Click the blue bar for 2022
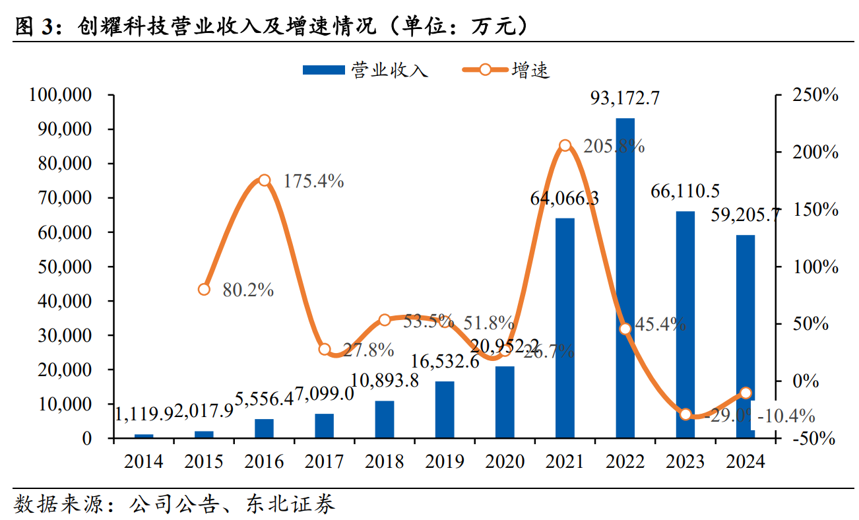click(x=625, y=277)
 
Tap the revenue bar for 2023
click(x=685, y=324)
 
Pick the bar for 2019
click(x=445, y=409)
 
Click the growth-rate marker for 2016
click(x=265, y=180)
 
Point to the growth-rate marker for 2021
click(x=565, y=146)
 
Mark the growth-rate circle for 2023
click(x=685, y=414)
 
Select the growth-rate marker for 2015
click(x=205, y=289)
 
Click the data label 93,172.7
click(x=625, y=99)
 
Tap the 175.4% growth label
click(x=313, y=181)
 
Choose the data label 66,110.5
click(x=685, y=191)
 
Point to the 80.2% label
click(x=247, y=290)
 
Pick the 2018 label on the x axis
click(x=384, y=461)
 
